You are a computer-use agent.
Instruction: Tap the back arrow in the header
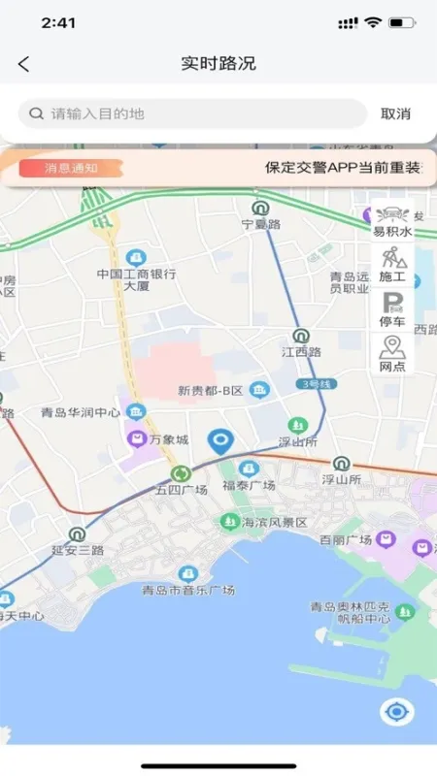24,65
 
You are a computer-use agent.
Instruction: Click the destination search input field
194,113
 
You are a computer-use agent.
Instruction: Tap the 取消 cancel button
395,113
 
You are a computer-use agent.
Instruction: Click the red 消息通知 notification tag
71,167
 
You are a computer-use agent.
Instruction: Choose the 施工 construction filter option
392,264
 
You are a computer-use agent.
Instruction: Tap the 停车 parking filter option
392,309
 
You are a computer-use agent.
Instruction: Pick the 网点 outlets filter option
392,354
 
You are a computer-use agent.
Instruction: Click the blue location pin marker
222,443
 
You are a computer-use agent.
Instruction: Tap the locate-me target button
396,713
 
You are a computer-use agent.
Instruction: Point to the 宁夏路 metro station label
260,224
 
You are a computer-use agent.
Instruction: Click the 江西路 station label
301,351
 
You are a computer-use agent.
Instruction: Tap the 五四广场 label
182,489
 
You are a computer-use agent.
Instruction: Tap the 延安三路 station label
77,549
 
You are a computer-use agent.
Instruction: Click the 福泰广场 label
250,484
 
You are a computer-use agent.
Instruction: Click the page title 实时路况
218,65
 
